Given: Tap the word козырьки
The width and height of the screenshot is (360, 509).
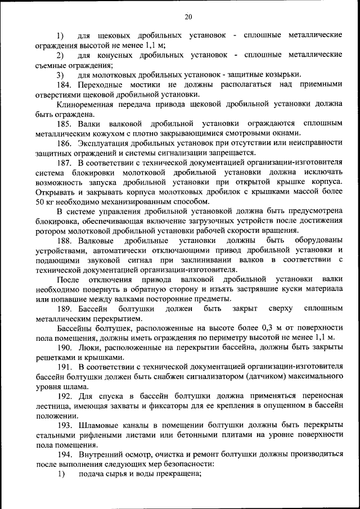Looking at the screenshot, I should tap(284, 75).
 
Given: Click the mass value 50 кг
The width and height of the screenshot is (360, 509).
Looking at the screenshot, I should tap(47, 201).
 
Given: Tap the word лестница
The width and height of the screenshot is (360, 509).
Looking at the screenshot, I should tap(52, 406).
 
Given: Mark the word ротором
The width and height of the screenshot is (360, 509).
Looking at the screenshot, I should tap(51, 231).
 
